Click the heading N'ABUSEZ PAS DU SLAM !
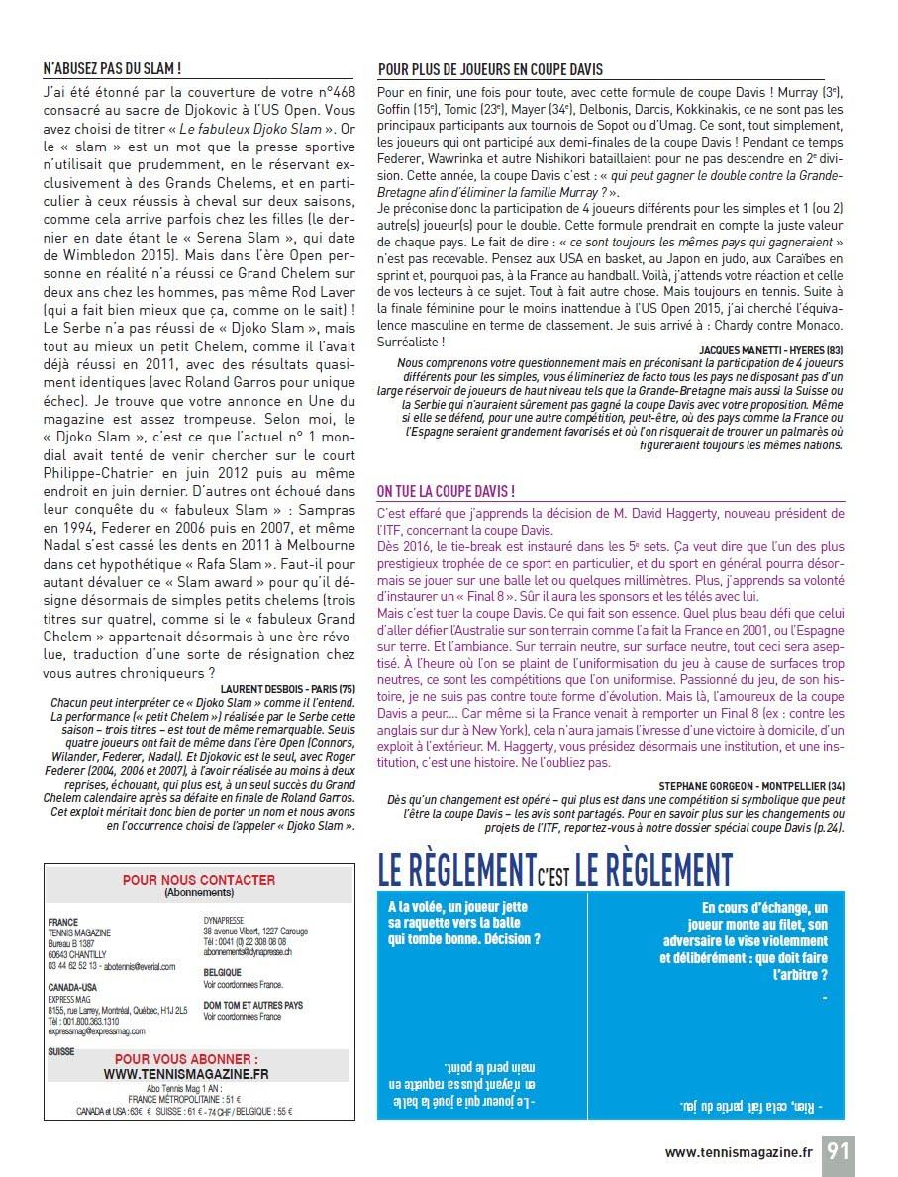click(x=111, y=69)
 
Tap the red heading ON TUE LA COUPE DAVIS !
click(x=446, y=491)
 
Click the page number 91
click(x=838, y=1151)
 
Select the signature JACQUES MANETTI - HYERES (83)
click(x=770, y=350)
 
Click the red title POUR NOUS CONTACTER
click(x=198, y=879)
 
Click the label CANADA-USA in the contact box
click(x=74, y=987)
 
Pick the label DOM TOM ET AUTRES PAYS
click(x=252, y=1005)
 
